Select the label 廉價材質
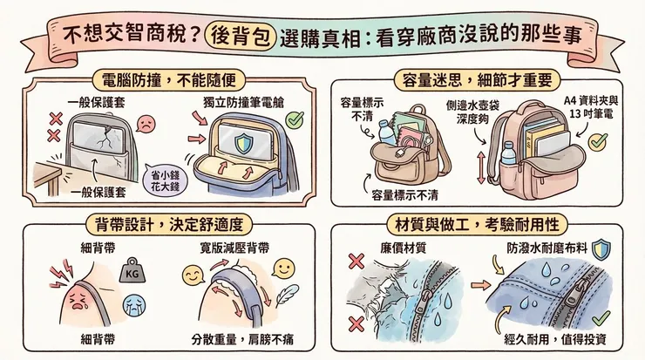(404, 247)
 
